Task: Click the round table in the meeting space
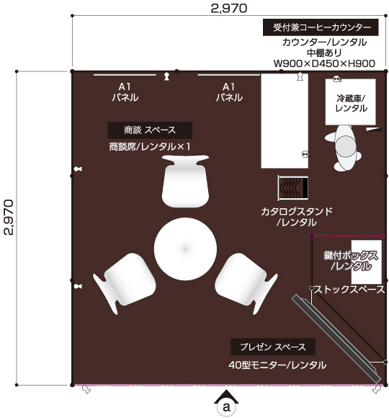pos(185,249)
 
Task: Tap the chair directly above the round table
pos(185,182)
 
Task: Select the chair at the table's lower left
pos(124,282)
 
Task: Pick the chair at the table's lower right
pos(246,282)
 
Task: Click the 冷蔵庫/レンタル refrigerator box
pos(350,102)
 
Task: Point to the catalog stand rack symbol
pos(293,188)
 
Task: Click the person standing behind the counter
pos(344,148)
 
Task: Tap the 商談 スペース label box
pos(150,130)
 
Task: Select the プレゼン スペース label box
pos(272,347)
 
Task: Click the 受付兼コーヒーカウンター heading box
pos(321,27)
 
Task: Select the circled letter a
pos(226,407)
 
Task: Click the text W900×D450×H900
pos(324,63)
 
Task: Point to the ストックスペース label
pos(349,290)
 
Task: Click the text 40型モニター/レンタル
pos(277,365)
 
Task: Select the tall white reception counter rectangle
pos(285,121)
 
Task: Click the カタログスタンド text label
pos(297,212)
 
